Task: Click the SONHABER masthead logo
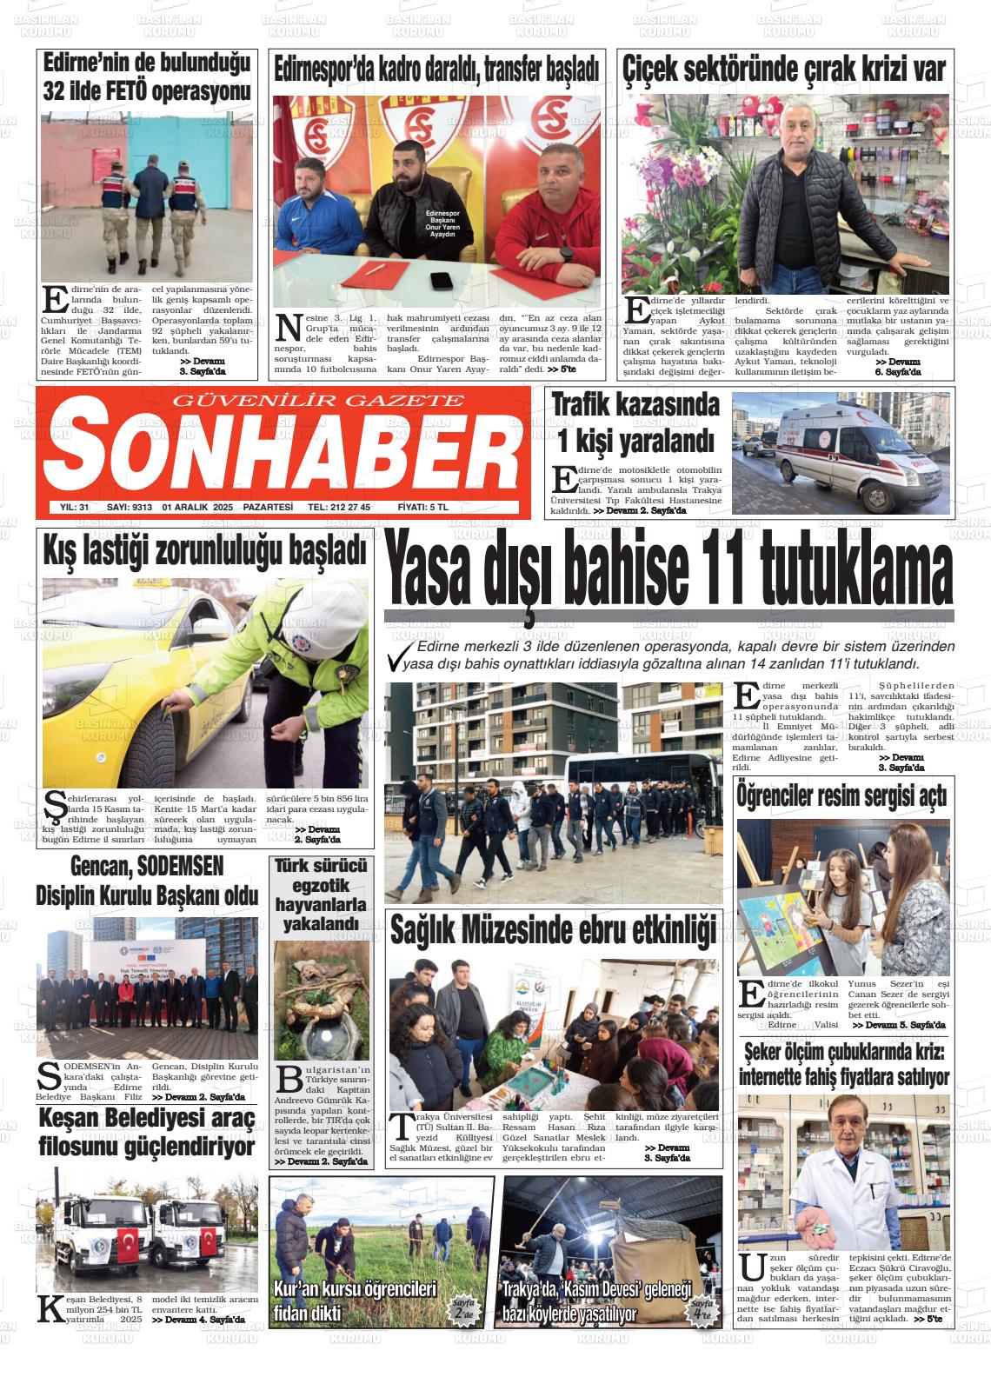pos(278,449)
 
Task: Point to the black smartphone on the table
pos(442,280)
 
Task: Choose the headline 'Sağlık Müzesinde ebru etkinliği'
pos(553,928)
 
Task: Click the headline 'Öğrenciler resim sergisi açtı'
pos(841,795)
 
